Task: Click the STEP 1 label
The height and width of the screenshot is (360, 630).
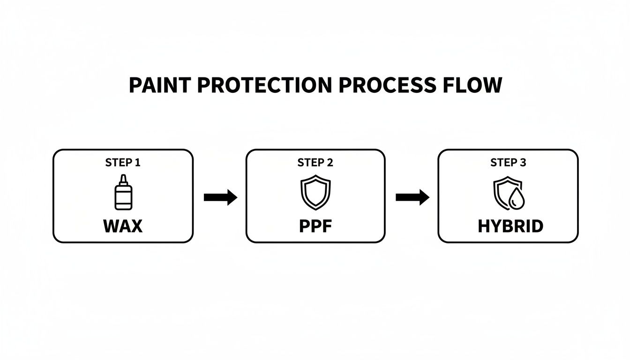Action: (x=123, y=163)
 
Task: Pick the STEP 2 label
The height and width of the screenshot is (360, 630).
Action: (x=315, y=163)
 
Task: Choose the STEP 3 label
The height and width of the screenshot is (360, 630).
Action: (x=508, y=163)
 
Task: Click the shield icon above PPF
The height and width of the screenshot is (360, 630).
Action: (x=315, y=192)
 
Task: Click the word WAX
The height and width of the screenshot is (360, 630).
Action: (x=123, y=226)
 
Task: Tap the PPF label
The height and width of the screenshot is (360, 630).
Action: (x=315, y=226)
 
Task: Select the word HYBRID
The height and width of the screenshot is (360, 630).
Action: (x=510, y=226)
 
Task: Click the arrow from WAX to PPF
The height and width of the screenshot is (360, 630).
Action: (x=220, y=197)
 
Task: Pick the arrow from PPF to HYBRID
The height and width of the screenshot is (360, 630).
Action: (x=412, y=197)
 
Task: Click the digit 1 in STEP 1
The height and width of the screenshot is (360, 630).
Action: (x=137, y=163)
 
